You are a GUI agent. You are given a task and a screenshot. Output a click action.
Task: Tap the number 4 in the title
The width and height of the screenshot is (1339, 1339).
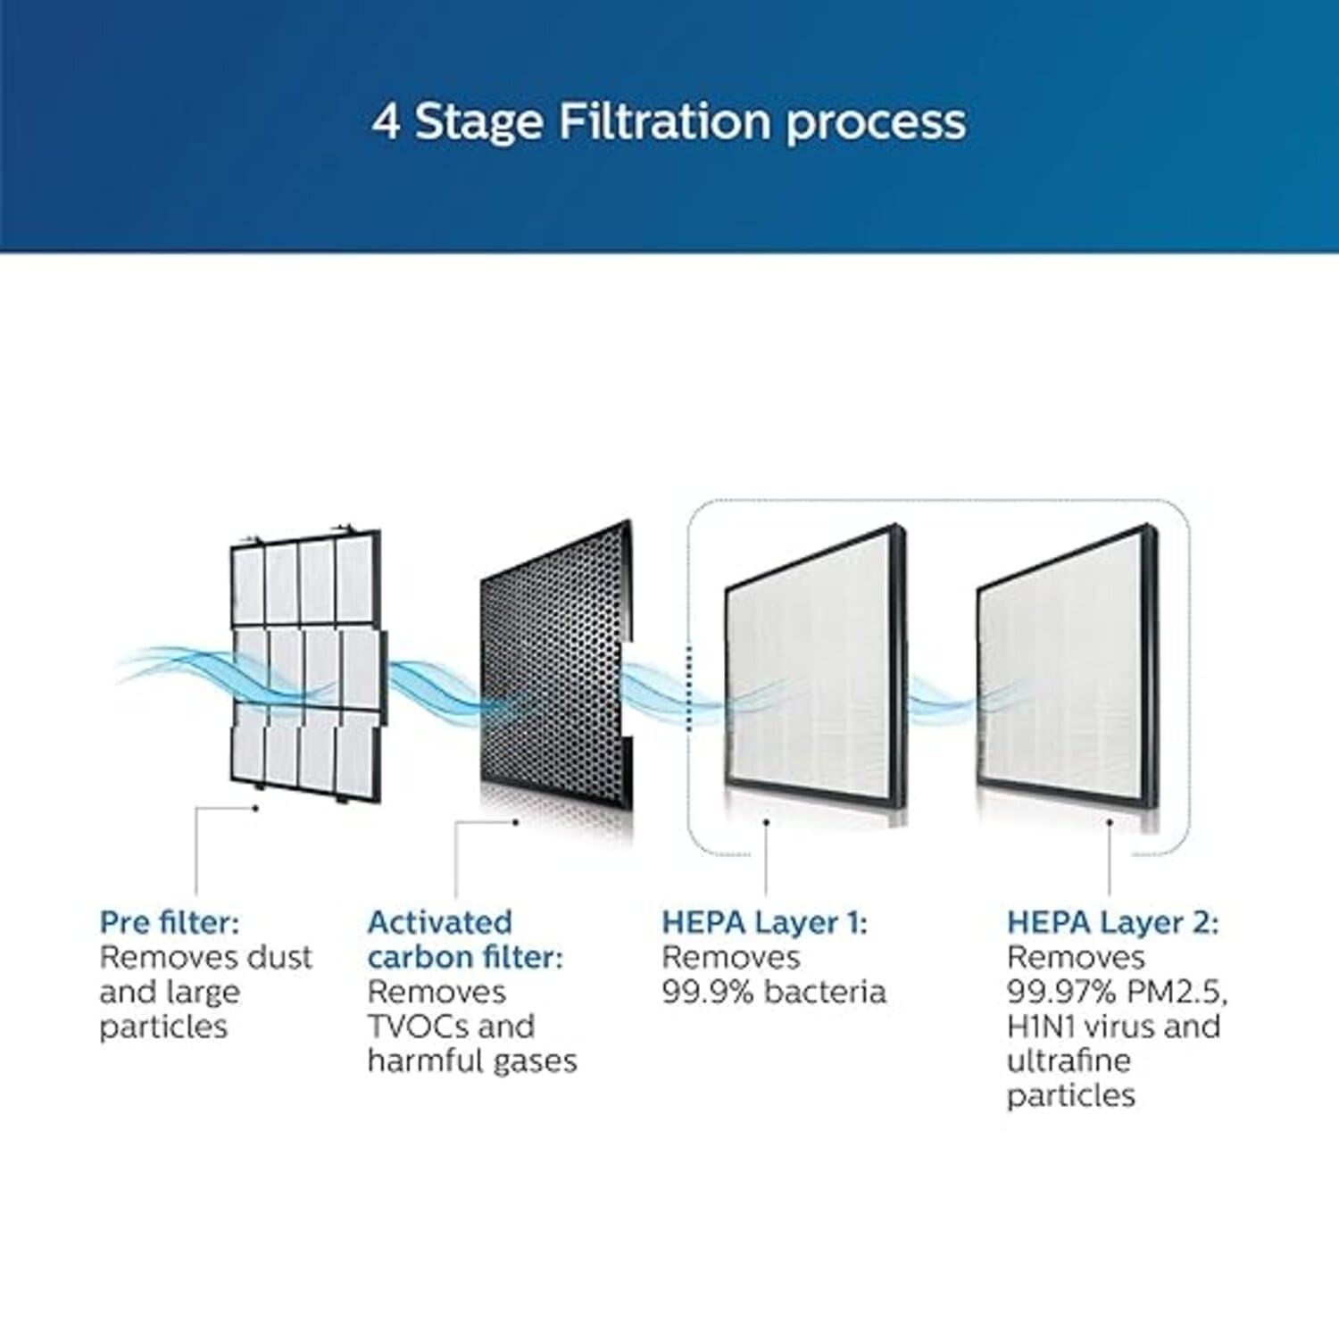pyautogui.click(x=387, y=121)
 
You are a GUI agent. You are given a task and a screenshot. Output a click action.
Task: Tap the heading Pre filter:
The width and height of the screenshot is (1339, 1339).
pyautogui.click(x=170, y=922)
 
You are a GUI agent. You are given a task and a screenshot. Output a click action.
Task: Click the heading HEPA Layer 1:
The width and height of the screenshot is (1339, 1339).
pyautogui.click(x=764, y=923)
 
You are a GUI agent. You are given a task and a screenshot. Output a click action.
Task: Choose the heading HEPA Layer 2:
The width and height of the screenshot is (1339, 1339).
pyautogui.click(x=1112, y=923)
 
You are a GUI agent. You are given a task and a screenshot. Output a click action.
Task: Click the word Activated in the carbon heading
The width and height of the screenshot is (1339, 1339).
pyautogui.click(x=440, y=922)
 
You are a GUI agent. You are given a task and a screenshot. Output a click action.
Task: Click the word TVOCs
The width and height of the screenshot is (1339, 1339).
pyautogui.click(x=417, y=1027)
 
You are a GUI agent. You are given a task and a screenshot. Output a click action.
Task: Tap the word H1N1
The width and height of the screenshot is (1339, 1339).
pyautogui.click(x=1044, y=1027)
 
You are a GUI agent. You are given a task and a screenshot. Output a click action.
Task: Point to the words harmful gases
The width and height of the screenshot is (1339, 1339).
pyautogui.click(x=472, y=1062)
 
